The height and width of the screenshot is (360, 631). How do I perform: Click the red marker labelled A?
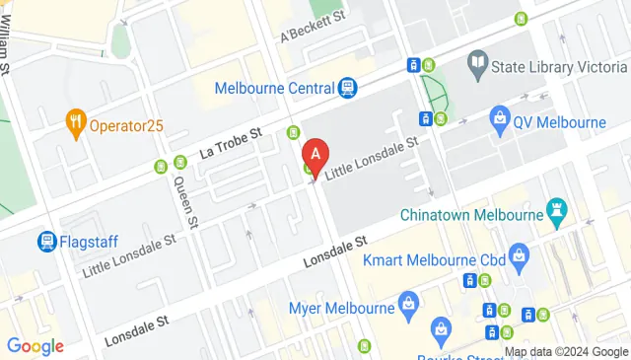[x=315, y=155]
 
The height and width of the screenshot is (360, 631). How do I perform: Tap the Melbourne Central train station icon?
[x=347, y=89]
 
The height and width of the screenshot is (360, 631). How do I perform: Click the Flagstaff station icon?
[x=46, y=241]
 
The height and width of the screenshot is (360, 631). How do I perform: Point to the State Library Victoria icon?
[x=479, y=64]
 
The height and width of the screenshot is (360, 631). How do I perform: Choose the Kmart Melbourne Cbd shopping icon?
[x=520, y=259]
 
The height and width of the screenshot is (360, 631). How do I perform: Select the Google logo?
[x=35, y=346]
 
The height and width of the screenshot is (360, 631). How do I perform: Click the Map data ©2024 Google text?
[x=566, y=352]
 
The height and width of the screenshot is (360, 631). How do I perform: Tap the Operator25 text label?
[x=127, y=126]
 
